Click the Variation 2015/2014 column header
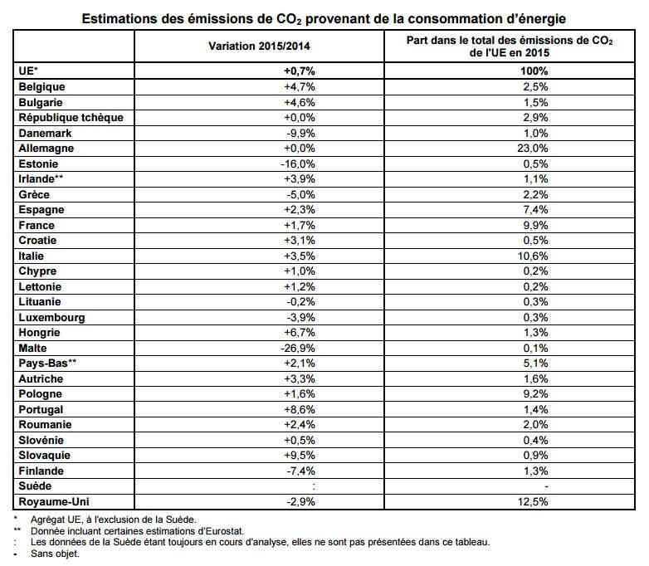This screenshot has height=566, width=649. (x=259, y=46)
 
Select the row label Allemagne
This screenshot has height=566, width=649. (x=46, y=149)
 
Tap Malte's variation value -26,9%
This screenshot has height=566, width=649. (x=298, y=348)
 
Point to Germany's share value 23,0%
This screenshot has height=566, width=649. (x=533, y=149)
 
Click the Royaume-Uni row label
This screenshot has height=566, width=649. (x=54, y=502)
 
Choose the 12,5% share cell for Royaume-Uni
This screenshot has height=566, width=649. (x=533, y=502)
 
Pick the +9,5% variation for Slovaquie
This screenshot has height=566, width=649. (x=300, y=456)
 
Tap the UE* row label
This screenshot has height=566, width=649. (x=28, y=71)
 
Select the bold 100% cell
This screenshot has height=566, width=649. (x=534, y=71)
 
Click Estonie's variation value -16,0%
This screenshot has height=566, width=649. (x=298, y=164)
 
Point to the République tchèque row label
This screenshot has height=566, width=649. (x=71, y=118)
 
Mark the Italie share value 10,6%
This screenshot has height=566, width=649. (x=533, y=256)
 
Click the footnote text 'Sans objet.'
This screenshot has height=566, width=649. (x=55, y=554)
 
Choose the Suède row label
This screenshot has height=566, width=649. (x=35, y=486)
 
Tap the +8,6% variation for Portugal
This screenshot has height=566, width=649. (x=300, y=409)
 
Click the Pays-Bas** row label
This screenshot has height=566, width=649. (x=47, y=364)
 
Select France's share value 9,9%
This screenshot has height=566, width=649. (x=535, y=225)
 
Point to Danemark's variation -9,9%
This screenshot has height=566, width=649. (x=301, y=134)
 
